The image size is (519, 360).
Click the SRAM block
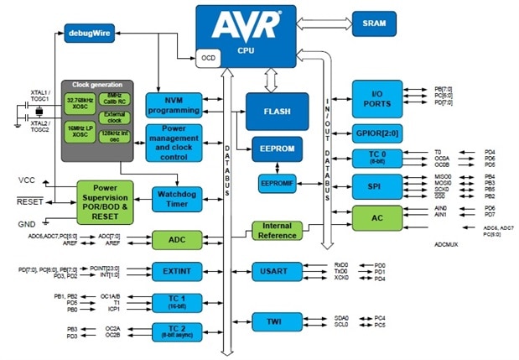[x=374, y=23]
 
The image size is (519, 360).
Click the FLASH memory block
[x=272, y=112]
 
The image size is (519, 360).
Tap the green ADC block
[x=176, y=240]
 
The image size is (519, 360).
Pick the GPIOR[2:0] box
[x=376, y=133]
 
